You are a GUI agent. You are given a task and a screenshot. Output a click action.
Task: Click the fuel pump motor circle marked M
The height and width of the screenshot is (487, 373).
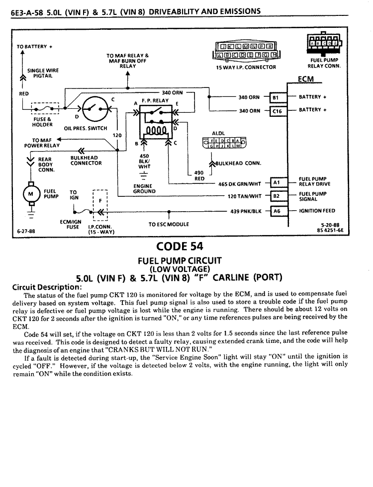point(31,194)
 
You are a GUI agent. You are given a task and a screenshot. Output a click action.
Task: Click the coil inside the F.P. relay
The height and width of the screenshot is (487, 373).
point(156,130)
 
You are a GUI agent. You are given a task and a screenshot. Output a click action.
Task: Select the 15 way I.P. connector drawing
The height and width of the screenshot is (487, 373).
point(247,51)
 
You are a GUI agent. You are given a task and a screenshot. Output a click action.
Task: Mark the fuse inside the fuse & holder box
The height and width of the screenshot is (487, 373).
point(45,109)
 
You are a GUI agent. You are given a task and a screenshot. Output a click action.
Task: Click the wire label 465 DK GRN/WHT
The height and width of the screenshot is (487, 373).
point(240,184)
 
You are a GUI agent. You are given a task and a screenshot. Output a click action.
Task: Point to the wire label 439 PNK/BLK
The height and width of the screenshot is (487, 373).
point(246,212)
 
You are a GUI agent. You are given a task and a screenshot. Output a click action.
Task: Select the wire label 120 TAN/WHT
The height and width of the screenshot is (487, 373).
point(245,196)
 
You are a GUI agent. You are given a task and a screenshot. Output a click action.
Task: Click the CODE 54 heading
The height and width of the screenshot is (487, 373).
point(180,246)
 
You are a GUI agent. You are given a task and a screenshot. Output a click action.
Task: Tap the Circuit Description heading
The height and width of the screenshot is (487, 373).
point(47,287)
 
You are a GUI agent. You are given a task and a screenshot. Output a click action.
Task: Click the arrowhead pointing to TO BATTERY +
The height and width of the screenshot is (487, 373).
point(22,53)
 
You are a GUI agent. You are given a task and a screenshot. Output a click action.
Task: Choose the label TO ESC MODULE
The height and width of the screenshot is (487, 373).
point(169,224)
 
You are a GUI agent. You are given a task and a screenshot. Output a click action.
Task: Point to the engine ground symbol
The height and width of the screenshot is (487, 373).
point(143,176)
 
